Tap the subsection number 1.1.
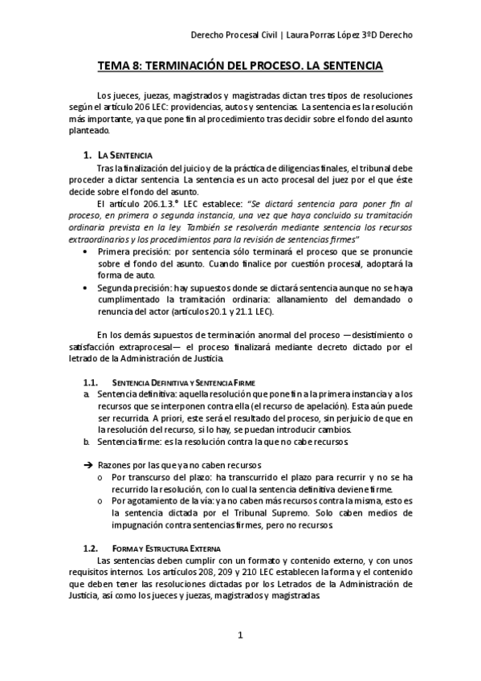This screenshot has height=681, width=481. point(91,382)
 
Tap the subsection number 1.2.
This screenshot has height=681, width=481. point(91,548)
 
